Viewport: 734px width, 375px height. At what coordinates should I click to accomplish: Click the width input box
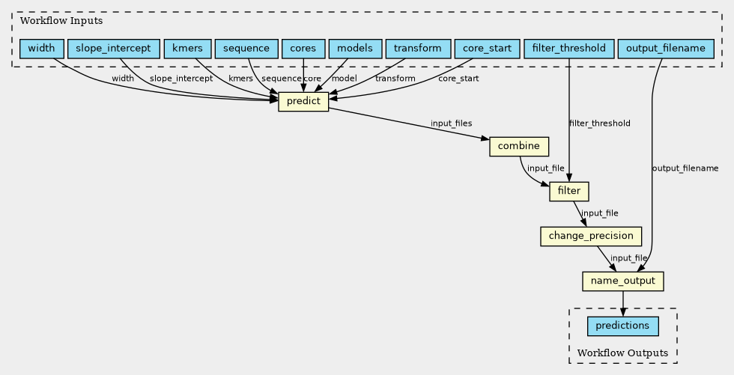[x=42, y=49]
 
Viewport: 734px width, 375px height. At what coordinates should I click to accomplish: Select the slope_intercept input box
[x=114, y=49]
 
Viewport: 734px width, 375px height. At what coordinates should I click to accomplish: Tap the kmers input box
[x=188, y=49]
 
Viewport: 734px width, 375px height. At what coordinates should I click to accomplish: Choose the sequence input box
[x=246, y=49]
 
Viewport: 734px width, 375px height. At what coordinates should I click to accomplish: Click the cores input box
[x=303, y=49]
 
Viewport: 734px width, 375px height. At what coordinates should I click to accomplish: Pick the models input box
[x=355, y=49]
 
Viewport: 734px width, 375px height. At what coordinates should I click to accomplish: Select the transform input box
[x=418, y=49]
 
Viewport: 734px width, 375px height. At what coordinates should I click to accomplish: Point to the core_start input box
[x=488, y=49]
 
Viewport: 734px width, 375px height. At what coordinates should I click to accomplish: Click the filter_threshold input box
[x=569, y=49]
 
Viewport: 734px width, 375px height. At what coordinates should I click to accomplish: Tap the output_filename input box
[x=666, y=49]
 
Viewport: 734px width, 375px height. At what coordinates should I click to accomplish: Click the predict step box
[x=303, y=102]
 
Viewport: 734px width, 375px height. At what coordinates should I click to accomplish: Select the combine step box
[x=518, y=147]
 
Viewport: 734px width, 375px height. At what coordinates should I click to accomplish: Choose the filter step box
[x=569, y=191]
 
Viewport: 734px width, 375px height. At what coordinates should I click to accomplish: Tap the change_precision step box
[x=591, y=236]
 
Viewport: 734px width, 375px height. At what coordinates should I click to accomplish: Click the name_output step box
[x=623, y=281]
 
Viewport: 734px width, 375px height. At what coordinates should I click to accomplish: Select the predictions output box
[x=623, y=326]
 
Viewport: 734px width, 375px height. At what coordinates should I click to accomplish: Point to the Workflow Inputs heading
[x=61, y=21]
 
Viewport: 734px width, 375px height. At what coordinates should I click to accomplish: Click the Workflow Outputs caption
[x=622, y=353]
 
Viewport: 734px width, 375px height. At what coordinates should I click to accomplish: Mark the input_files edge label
[x=451, y=124]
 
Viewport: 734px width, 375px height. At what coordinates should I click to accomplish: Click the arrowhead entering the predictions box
[x=623, y=312]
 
